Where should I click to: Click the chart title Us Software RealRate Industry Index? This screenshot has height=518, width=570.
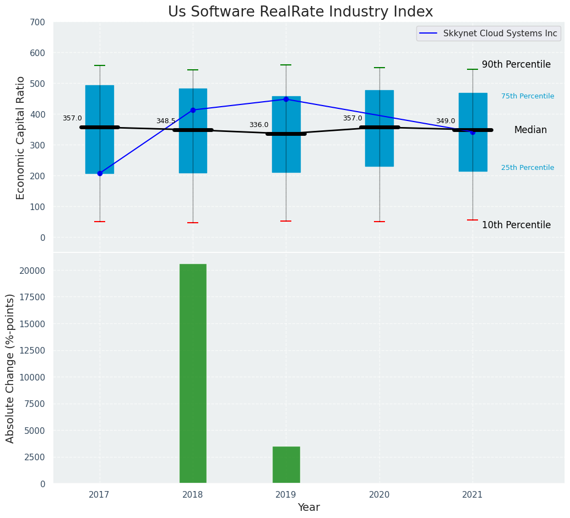pos(300,12)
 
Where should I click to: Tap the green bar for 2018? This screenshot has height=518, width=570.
pos(193,373)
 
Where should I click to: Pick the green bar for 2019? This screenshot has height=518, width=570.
pos(286,465)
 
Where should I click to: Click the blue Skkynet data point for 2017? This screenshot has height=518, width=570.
pos(100,173)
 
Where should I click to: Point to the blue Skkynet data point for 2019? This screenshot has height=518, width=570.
pos(286,99)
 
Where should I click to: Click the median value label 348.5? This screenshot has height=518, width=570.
pos(165,121)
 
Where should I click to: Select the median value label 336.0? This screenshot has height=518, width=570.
pos(258,125)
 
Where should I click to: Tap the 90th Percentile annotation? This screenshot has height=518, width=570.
pos(516,64)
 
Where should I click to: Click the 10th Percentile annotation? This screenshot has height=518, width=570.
pos(516,225)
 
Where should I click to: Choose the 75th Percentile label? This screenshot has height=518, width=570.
pos(527,96)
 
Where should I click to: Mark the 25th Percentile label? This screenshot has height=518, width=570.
pos(527,168)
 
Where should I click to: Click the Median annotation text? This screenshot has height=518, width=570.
pos(530,130)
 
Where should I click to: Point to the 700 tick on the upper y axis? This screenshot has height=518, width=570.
pos(38,22)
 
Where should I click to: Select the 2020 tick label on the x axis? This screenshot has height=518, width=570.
pos(379,495)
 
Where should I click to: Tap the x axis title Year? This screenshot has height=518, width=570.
pos(308,508)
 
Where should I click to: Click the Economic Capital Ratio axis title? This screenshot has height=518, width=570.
pos(21,137)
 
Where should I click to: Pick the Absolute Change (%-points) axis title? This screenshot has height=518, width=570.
pos(10,368)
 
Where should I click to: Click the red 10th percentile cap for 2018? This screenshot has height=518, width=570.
pos(193,223)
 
